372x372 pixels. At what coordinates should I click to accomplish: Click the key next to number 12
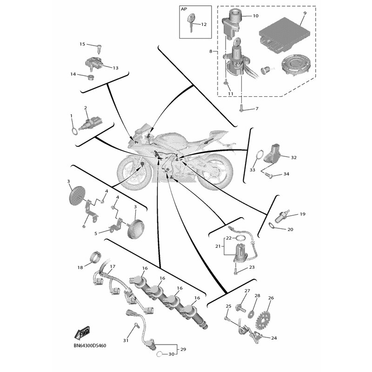click(191, 21)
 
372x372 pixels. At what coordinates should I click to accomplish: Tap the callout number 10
click(255, 16)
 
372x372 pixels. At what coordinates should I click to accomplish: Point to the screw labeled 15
click(99, 46)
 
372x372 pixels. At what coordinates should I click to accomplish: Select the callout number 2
click(86, 108)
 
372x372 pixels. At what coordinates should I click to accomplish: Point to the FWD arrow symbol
click(82, 333)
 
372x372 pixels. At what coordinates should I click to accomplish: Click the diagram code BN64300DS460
click(90, 346)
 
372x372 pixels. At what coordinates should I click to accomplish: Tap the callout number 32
click(293, 158)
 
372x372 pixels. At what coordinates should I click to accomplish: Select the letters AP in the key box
click(184, 9)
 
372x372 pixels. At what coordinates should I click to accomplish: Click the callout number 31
click(125, 341)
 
